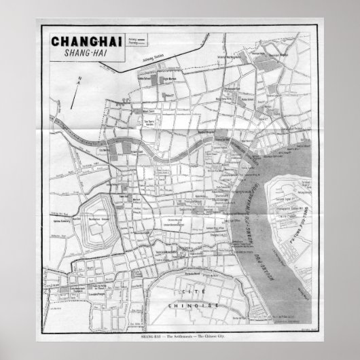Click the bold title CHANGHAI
84,41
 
